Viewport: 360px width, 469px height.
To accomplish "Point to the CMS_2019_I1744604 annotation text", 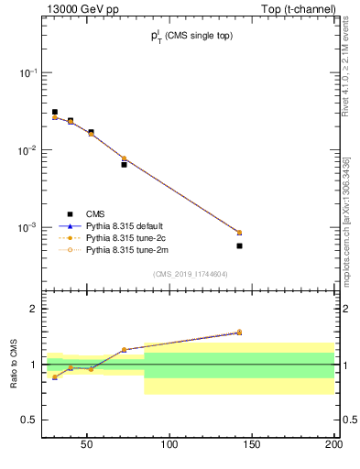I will point(191,274).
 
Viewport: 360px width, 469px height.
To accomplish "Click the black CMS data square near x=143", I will point(239,245).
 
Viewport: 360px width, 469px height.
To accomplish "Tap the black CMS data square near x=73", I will point(124,165).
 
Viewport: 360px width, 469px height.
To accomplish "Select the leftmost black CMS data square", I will point(55,112).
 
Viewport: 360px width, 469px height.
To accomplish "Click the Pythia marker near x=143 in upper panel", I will point(239,233).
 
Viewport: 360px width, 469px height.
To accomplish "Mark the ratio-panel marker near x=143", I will point(239,333).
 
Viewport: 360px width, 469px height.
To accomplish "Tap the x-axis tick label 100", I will point(169,444).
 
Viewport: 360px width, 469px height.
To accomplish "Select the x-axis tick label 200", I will point(333,444).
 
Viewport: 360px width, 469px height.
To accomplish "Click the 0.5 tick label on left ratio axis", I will point(30,420).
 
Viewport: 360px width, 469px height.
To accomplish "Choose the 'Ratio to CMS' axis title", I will point(15,365).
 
